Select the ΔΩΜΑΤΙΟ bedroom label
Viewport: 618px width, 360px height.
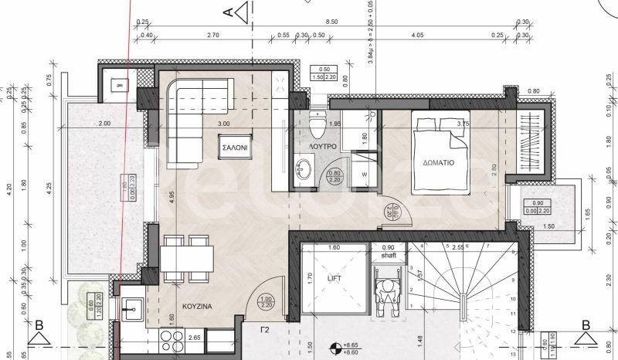(x=437, y=163)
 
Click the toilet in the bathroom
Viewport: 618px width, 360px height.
(x=315, y=124)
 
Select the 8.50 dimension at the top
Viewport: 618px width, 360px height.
(x=331, y=22)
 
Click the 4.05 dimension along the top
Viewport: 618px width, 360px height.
(x=418, y=36)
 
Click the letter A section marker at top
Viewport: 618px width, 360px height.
(x=227, y=12)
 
